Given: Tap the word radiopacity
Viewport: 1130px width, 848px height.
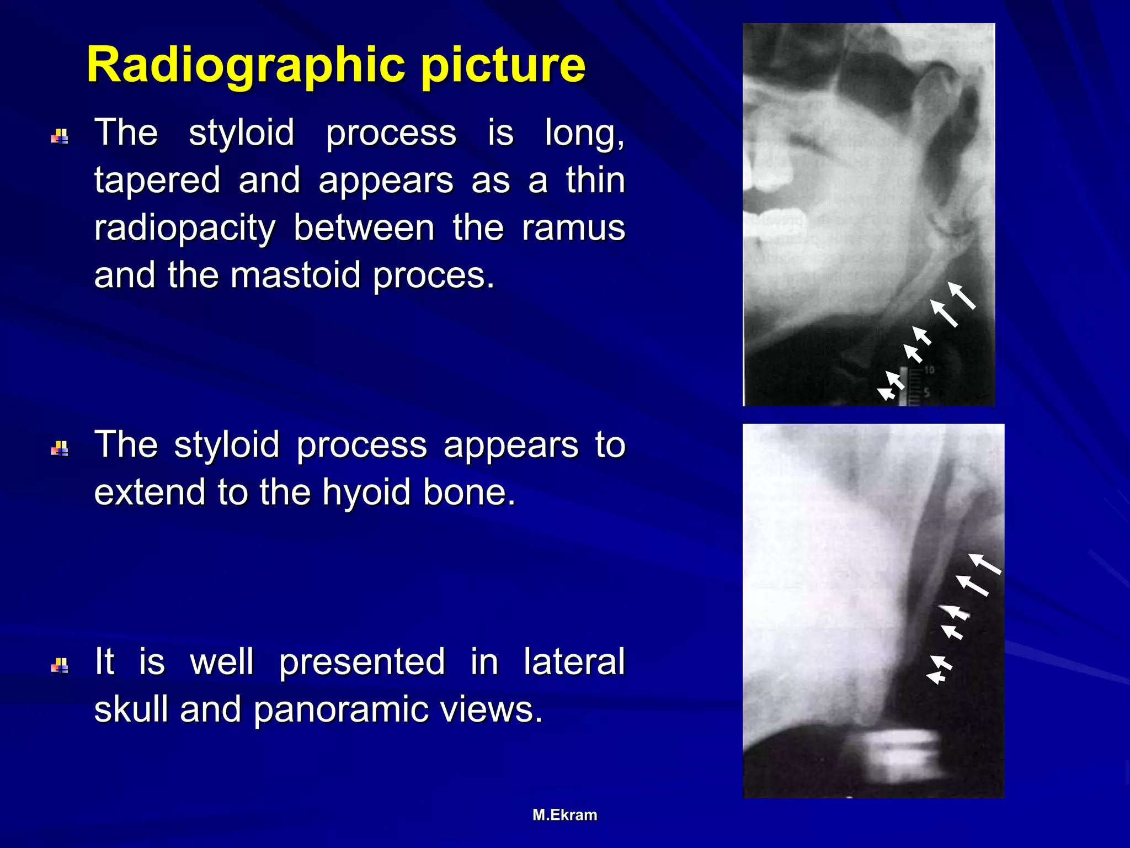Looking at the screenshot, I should pos(185,228).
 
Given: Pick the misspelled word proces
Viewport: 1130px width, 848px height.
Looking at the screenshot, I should pos(433,276).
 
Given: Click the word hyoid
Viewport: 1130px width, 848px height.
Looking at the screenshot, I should pos(366,492).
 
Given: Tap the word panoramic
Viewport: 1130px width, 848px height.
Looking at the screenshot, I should pos(342,709).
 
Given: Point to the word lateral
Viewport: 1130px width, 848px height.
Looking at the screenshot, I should pos(574,661).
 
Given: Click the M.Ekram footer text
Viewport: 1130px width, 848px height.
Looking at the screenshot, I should pos(564,815).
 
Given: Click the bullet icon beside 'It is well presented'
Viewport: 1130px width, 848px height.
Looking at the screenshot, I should pos(60,665).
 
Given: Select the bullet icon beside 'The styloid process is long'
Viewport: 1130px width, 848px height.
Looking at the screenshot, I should pos(60,136).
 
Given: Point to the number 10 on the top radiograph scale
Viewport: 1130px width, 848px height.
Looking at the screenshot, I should pos(929,370).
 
